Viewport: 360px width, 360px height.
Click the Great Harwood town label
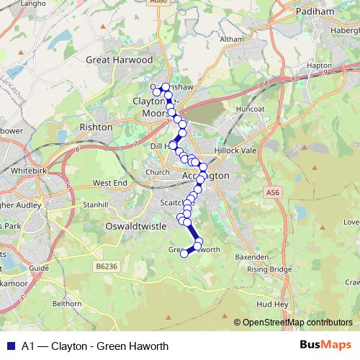[x=120, y=60]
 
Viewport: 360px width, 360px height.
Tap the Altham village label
[x=233, y=39]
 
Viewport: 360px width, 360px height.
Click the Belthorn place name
[x=67, y=304]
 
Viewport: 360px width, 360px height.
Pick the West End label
[x=110, y=184]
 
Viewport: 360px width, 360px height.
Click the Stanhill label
[x=94, y=204]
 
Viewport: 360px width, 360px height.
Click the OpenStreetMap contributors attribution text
[x=297, y=323]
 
